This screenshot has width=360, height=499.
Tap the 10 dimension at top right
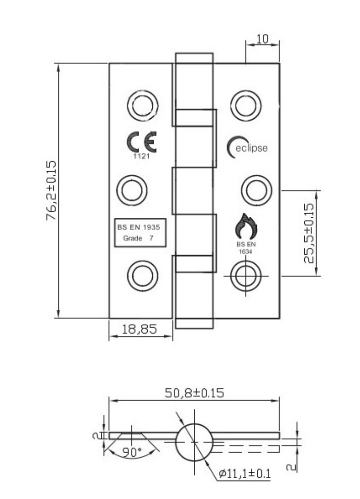tap(262, 40)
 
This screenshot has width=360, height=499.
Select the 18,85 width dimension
tap(140, 330)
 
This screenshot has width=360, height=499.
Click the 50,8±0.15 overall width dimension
tap(194, 394)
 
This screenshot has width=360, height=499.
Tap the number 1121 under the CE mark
tap(140, 156)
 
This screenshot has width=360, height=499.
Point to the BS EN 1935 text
tap(137, 227)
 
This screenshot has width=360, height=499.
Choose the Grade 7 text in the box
tap(137, 238)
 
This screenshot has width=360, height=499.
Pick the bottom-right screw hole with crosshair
tap(245, 275)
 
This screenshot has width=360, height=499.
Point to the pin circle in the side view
tap(194, 441)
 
